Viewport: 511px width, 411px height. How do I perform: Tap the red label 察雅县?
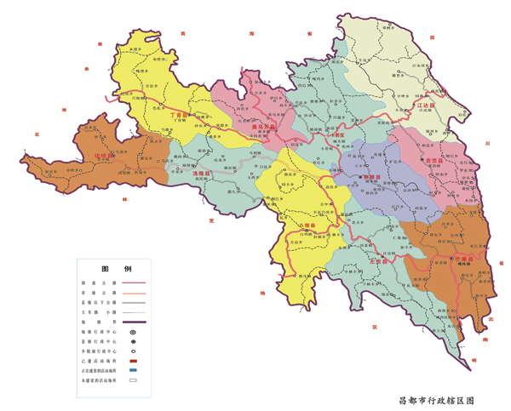point(370,178)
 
